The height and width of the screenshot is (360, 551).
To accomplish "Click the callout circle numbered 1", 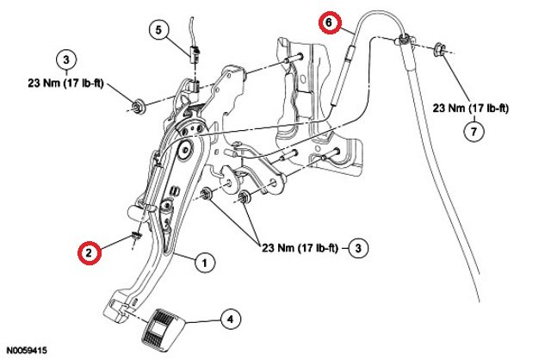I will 204,262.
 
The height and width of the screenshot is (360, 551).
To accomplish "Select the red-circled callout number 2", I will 87,252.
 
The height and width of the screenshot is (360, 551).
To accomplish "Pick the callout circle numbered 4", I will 229,320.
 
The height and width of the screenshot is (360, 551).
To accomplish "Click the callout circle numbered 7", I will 471,132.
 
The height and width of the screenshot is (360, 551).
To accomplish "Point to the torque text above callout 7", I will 471,109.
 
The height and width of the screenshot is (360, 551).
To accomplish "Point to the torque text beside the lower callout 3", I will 301,249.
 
